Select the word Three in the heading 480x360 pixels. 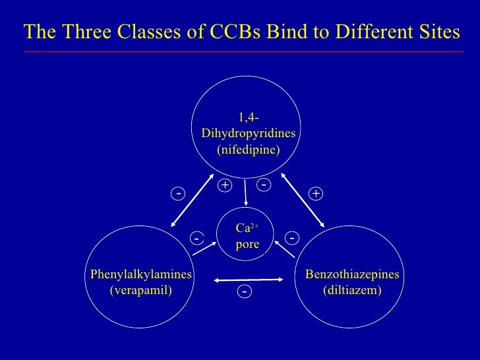click(x=86, y=32)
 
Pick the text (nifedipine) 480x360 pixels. click(x=248, y=149)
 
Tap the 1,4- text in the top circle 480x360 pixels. click(x=249, y=118)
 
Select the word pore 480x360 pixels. click(x=247, y=245)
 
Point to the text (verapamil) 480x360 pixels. click(x=140, y=289)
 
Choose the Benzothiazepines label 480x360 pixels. click(x=351, y=274)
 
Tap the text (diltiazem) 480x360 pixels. click(x=351, y=289)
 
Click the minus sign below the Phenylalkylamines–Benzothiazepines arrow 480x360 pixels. click(x=244, y=291)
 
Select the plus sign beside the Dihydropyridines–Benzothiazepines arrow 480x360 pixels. click(x=316, y=194)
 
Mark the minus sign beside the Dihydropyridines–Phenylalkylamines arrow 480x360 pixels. click(x=178, y=193)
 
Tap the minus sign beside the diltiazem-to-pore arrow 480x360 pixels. click(x=291, y=237)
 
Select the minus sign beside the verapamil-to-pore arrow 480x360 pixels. click(x=196, y=237)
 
